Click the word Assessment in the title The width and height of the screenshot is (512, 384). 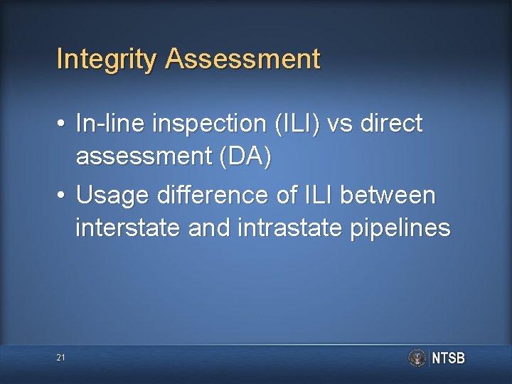point(243,59)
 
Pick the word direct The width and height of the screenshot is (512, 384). point(392,124)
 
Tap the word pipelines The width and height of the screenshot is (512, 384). point(401,228)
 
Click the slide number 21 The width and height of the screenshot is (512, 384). point(60,358)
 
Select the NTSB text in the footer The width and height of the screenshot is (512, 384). point(449,358)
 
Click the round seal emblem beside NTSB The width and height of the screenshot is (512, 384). point(417,358)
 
